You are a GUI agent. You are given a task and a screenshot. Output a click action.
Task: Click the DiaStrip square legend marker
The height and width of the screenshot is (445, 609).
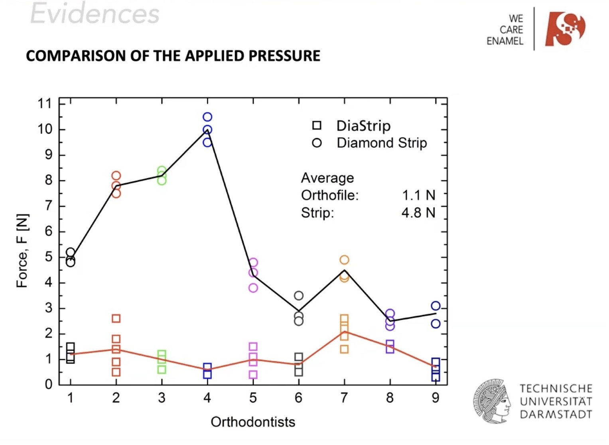coord(317,125)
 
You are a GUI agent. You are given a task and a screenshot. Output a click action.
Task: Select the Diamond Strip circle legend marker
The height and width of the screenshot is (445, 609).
coord(317,143)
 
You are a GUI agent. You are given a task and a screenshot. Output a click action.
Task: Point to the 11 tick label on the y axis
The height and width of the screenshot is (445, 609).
coord(45,104)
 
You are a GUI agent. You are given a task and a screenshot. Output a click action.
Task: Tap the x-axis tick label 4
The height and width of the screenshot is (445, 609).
coord(207,398)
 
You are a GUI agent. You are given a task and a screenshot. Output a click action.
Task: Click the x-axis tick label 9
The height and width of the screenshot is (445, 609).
coord(436,398)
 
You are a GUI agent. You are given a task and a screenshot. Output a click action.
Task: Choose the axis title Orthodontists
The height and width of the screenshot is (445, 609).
coord(253,422)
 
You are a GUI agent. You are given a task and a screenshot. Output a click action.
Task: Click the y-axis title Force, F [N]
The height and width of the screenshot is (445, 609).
coord(22,251)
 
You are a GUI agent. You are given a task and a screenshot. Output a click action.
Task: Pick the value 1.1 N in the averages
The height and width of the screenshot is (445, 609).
coord(418,195)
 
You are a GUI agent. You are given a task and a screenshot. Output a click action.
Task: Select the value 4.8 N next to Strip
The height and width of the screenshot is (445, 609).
coord(418,213)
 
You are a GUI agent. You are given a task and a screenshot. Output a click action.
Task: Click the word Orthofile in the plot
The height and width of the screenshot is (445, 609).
coord(329,195)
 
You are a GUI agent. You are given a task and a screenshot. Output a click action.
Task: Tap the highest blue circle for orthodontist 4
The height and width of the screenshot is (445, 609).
coord(207,117)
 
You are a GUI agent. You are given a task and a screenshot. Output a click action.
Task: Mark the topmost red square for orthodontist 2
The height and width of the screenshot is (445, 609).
coord(116,318)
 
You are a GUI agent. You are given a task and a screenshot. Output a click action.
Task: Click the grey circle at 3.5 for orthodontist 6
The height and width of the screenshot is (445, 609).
coord(299,296)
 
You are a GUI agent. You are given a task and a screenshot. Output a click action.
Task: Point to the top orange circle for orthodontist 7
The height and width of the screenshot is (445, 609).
coord(344,260)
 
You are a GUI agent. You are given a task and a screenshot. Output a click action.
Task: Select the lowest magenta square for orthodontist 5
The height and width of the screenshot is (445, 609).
coord(253,374)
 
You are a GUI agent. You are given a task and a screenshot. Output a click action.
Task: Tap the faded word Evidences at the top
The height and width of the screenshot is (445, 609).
coord(95,14)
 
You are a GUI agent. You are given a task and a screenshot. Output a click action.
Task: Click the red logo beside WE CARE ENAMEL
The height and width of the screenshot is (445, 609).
coord(565,29)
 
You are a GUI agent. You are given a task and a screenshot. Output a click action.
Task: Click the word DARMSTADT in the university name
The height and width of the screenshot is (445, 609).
coord(556,414)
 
